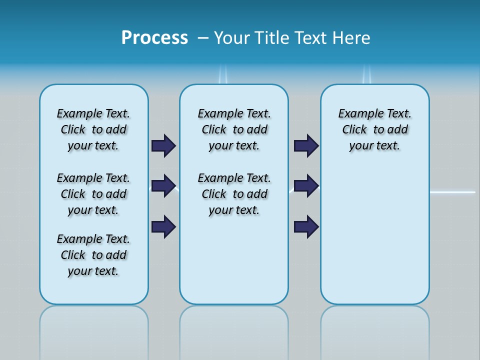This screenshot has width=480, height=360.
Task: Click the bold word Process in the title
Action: [x=154, y=38]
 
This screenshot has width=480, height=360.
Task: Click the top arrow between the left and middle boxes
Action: [x=163, y=145]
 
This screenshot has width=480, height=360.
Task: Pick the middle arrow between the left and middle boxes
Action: [x=163, y=186]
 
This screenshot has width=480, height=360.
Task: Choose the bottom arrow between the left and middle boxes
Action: [x=163, y=226]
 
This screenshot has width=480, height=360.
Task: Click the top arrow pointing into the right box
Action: [x=306, y=145]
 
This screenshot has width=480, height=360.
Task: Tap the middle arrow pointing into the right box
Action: [x=306, y=186]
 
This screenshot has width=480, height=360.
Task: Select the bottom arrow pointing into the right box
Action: [x=306, y=226]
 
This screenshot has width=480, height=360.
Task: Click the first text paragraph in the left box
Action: [x=93, y=129]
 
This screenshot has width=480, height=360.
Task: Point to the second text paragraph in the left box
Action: [x=93, y=194]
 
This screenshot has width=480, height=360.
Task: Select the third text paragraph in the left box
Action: [x=93, y=255]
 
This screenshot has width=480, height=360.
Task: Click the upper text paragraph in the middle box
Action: [x=234, y=129]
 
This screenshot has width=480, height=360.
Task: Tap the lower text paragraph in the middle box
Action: [x=234, y=194]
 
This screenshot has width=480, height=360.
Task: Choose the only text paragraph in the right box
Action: [x=374, y=129]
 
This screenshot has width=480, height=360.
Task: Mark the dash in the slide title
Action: [x=203, y=38]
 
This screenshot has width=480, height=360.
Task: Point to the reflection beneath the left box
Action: [x=94, y=330]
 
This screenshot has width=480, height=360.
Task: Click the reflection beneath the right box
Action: [x=374, y=330]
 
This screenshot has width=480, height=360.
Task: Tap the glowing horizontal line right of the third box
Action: [x=452, y=192]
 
